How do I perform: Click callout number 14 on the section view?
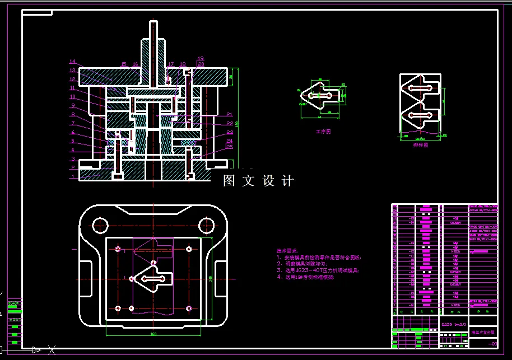(x=72, y=62)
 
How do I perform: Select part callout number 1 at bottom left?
(x=72, y=176)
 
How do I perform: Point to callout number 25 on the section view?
(x=230, y=146)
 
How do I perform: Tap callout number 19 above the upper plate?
(x=201, y=58)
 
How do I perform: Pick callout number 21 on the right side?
(x=230, y=114)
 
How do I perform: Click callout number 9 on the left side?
(x=72, y=105)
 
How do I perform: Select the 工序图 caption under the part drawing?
(x=324, y=132)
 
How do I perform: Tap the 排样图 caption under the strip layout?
(x=421, y=144)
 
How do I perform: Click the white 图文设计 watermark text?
(x=258, y=181)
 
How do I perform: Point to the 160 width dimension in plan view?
(x=153, y=334)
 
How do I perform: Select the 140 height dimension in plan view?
(x=211, y=278)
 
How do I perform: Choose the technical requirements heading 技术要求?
(x=287, y=251)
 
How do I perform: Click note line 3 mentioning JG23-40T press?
(x=317, y=270)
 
